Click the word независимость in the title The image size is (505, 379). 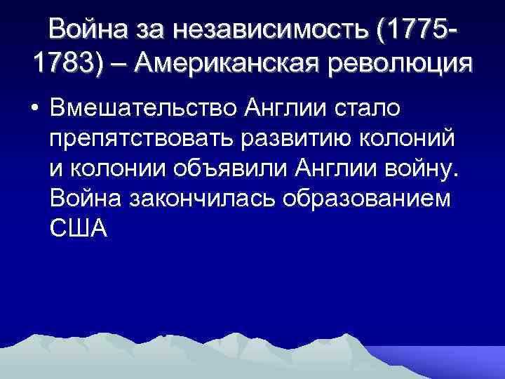coord(290,29)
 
